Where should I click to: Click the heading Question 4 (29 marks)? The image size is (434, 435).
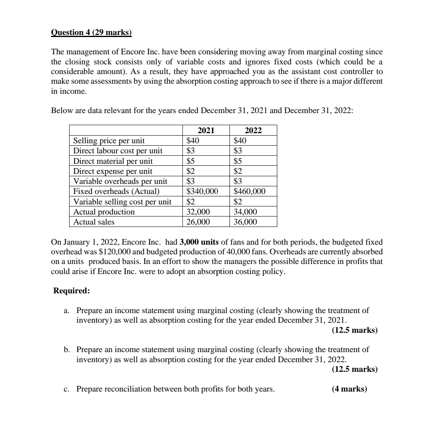pos(91,32)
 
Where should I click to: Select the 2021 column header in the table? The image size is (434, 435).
pos(206,130)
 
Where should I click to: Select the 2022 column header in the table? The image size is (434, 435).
pos(253,130)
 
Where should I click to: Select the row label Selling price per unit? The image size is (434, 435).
pos(109,141)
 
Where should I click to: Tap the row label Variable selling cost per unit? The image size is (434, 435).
pos(122,202)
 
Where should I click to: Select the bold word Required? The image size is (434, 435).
pos(72,291)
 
